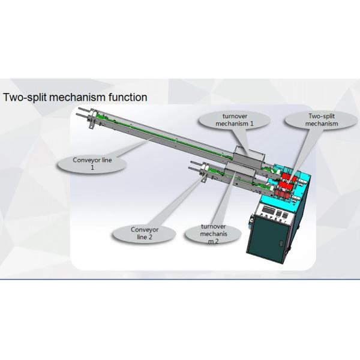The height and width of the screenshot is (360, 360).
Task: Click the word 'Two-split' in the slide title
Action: pyautogui.click(x=25, y=97)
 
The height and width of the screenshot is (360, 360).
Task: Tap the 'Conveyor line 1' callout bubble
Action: pyautogui.click(x=92, y=163)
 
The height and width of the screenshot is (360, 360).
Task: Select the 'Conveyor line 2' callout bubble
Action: pyautogui.click(x=145, y=233)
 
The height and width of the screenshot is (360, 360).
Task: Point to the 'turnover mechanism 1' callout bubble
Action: pyautogui.click(x=235, y=120)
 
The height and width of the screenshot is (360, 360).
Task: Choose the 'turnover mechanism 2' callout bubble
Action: pyautogui.click(x=213, y=234)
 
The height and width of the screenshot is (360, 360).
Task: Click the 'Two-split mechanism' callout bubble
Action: pyautogui.click(x=322, y=120)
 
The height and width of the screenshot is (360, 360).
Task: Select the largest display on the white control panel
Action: pyautogui.click(x=268, y=209)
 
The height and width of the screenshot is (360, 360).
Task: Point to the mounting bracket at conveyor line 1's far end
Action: pyautogui.click(x=92, y=123)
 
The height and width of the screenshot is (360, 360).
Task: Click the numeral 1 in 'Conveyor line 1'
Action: pyautogui.click(x=92, y=167)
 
